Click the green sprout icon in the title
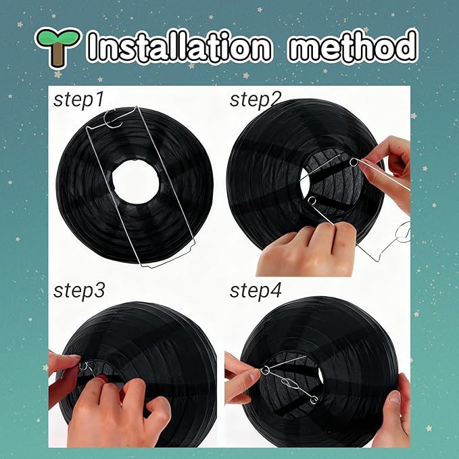pos(57,46)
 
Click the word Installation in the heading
pos(179,46)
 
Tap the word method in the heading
pos(352,46)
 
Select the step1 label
pos(78,100)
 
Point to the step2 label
pos(256,99)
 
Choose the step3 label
pos(79,291)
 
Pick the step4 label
pos(256,291)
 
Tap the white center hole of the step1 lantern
pos(135,182)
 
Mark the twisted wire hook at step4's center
pos(290,384)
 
